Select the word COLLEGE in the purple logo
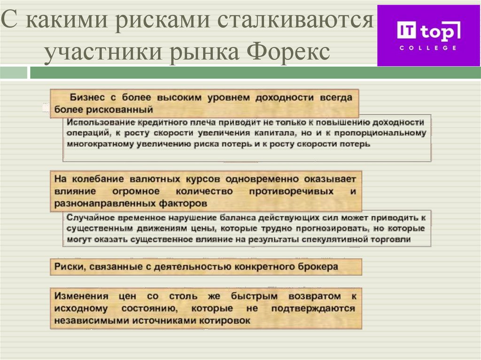[427, 48]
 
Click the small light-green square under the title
[14, 73]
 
